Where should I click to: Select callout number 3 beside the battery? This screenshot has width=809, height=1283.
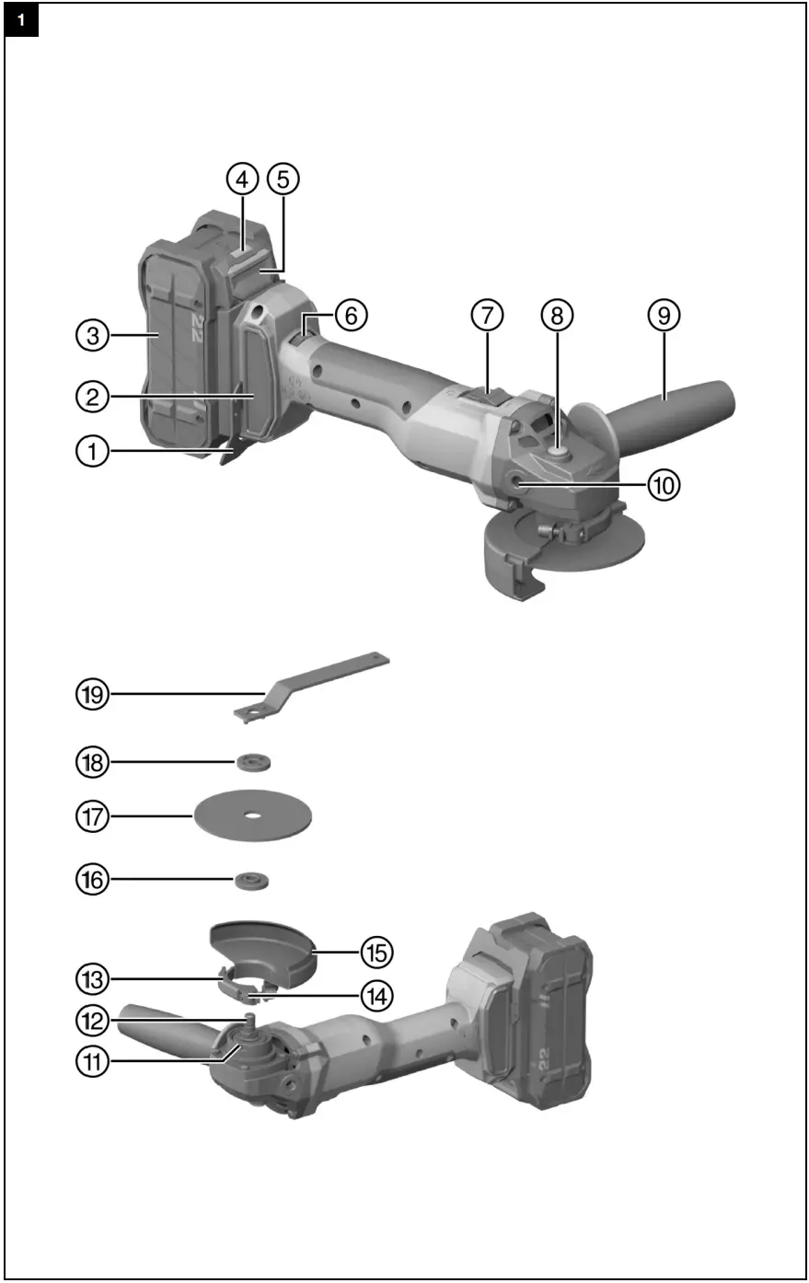pyautogui.click(x=92, y=336)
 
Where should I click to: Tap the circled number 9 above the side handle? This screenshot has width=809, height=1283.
pyautogui.click(x=664, y=315)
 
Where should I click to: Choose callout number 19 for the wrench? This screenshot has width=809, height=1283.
pyautogui.click(x=92, y=693)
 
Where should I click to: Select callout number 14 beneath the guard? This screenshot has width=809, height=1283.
pyautogui.click(x=376, y=994)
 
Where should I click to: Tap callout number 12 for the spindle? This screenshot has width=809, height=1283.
pyautogui.click(x=92, y=1019)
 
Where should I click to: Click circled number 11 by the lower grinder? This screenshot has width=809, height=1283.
pyautogui.click(x=92, y=1060)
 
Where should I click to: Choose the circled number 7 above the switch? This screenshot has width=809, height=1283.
pyautogui.click(x=487, y=315)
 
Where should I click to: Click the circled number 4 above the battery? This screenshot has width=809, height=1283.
pyautogui.click(x=242, y=179)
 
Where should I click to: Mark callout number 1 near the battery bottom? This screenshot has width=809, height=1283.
pyautogui.click(x=92, y=451)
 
